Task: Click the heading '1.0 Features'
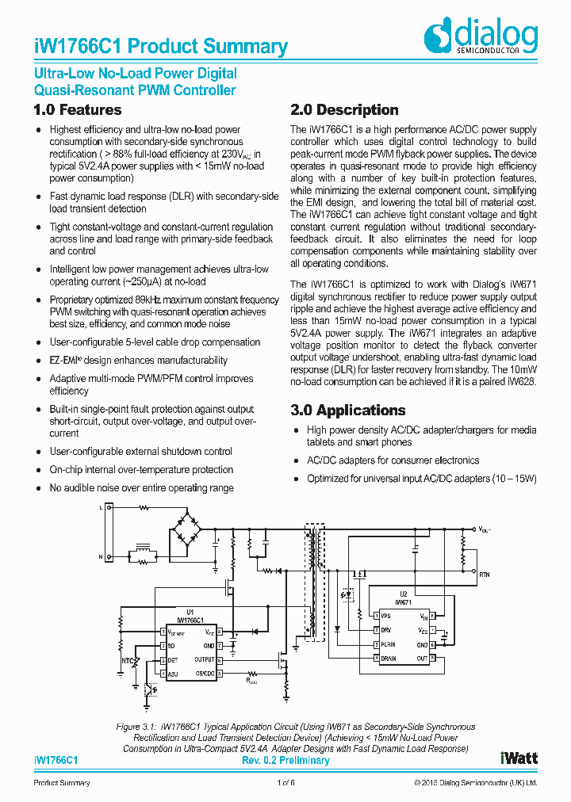pos(78,110)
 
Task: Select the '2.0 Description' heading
pos(344,110)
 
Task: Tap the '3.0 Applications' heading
pos(348,411)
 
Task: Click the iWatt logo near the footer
pos(519,758)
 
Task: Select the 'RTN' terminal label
pos(485,572)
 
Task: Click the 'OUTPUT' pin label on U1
pos(204,659)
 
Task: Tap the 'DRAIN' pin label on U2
pos(389,659)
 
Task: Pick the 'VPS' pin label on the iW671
pos(385,616)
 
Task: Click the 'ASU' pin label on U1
pos(172,674)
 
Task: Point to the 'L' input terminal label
pos(100,506)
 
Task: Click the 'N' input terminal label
pos(100,557)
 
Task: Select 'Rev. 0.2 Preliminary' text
pos(285,760)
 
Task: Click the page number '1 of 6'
pos(285,783)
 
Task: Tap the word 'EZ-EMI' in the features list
pos(66,361)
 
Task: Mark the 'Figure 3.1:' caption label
pos(137,727)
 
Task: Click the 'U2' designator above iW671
pos(403,594)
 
